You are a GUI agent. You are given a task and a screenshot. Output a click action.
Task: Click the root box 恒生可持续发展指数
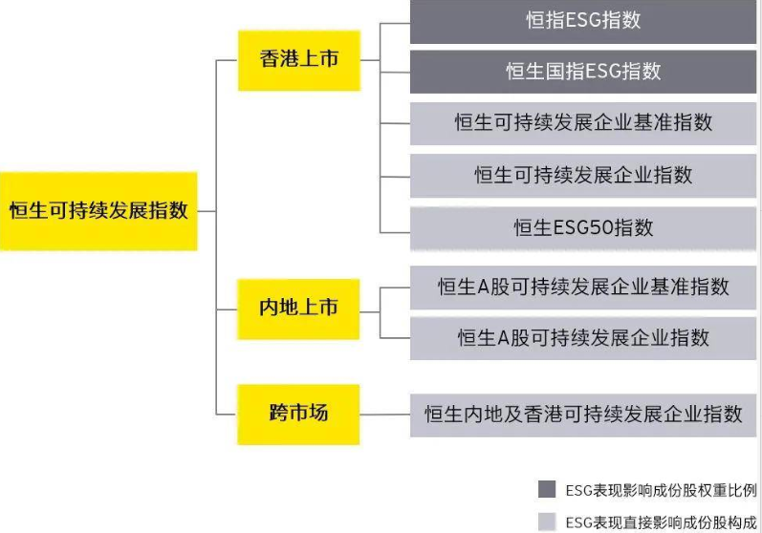[x=98, y=211]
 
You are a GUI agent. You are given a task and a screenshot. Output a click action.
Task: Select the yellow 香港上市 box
[x=298, y=59]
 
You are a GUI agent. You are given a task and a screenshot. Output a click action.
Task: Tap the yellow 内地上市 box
[x=298, y=309]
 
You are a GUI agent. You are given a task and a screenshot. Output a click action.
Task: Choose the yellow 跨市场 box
[x=298, y=414]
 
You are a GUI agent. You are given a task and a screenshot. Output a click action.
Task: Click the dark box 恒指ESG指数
[x=583, y=20]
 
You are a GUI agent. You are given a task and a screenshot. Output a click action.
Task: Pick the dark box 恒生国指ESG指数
[x=583, y=72]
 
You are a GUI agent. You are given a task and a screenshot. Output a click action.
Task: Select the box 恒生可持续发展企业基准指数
[x=583, y=123]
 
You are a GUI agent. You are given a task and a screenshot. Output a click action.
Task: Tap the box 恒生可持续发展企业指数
[x=583, y=175]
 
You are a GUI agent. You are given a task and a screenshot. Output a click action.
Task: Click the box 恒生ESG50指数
[x=583, y=227]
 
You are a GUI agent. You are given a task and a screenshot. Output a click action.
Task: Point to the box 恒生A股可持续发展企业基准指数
[x=583, y=287]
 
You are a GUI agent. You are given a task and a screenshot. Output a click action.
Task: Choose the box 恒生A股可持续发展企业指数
[x=583, y=337]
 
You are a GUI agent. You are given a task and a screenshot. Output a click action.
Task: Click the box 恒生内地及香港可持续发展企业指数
[x=583, y=415]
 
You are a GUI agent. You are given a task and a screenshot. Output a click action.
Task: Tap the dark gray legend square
[x=547, y=490]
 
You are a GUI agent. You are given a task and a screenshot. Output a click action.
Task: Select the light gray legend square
[x=547, y=522]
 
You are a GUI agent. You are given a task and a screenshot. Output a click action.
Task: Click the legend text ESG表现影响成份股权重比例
[x=661, y=490]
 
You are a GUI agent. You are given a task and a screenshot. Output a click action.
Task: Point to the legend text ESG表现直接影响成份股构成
[x=661, y=522]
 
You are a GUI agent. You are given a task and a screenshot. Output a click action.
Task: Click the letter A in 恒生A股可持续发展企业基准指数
[x=484, y=287]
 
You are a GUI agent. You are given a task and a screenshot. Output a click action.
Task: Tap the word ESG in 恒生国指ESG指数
[x=599, y=72]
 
